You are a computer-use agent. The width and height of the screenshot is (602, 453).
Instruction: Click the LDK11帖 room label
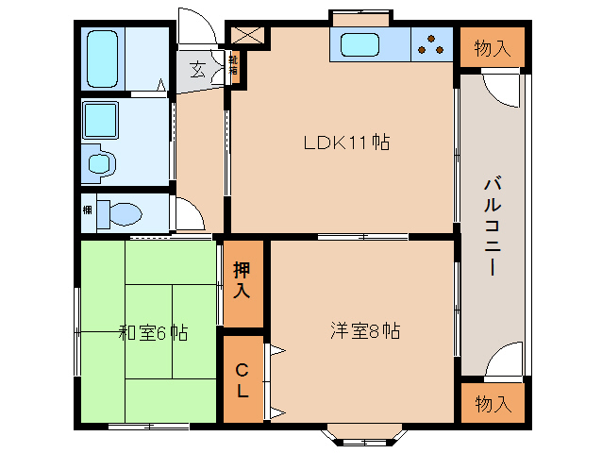346,143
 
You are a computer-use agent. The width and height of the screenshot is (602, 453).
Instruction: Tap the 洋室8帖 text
364,331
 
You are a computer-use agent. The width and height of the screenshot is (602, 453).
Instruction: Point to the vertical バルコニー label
492,225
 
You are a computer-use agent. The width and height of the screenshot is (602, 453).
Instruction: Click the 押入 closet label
242,279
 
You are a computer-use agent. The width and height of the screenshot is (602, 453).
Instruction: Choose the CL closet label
242,377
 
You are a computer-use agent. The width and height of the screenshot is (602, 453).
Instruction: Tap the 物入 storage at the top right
493,48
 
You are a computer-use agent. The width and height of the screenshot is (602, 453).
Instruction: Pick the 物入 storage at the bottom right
493,404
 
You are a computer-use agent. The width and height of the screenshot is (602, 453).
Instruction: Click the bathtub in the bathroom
103,57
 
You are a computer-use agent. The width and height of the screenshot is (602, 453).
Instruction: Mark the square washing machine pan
100,119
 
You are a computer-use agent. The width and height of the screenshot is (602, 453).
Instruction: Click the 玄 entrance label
198,69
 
